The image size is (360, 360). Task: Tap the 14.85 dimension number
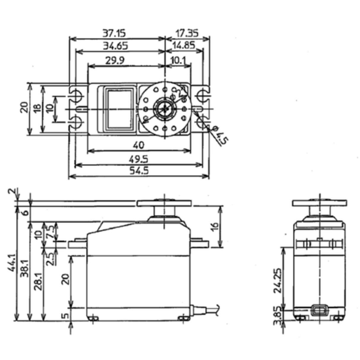184,45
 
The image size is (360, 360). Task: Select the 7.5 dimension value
51,230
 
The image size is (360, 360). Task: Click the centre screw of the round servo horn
164,109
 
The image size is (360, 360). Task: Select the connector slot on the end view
320,310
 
